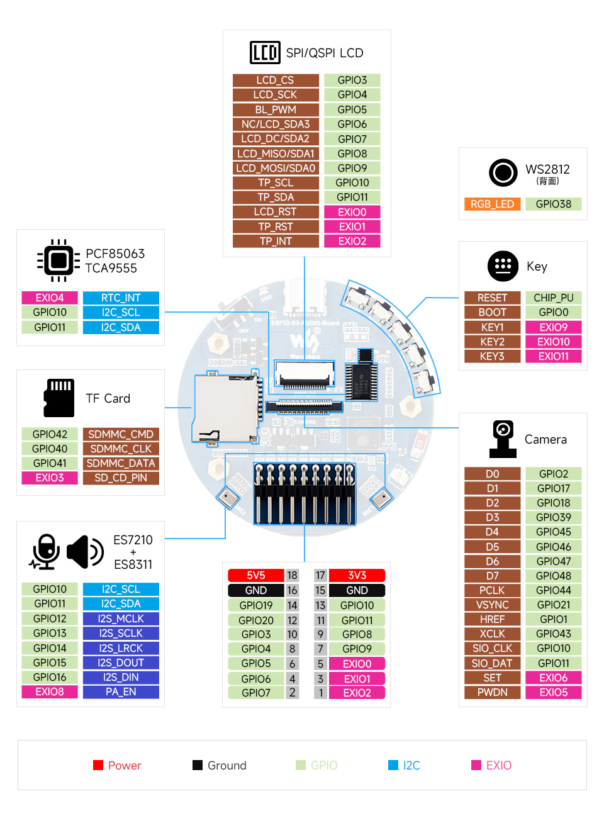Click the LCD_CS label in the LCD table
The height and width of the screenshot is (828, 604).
coord(275,80)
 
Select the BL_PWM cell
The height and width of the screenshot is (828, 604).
coord(275,109)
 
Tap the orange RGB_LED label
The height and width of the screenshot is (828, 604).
coord(492,204)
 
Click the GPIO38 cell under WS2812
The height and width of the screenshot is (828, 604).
coord(553,204)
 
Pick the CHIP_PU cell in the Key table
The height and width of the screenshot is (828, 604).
coord(553,298)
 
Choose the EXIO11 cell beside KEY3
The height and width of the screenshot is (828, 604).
coord(553,356)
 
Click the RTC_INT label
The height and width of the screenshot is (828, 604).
coord(121,298)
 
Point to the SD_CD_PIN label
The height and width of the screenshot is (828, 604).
coord(121,478)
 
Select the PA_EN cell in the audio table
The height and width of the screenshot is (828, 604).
coord(121,691)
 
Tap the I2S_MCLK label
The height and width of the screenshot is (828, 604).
coord(121,618)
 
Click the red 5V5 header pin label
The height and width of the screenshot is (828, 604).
coord(255,575)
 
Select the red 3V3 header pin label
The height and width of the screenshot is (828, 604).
coord(357,575)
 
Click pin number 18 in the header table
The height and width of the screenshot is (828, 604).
coord(292,575)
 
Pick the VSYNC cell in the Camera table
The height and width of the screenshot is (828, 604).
coord(492,605)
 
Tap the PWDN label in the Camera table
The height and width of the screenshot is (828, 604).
coord(492,692)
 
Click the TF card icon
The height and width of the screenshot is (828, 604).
coord(59,398)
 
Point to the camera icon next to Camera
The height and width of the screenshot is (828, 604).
coord(502,439)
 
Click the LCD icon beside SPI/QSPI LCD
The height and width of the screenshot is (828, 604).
coord(264,53)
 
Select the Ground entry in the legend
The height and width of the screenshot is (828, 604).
coord(220,765)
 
